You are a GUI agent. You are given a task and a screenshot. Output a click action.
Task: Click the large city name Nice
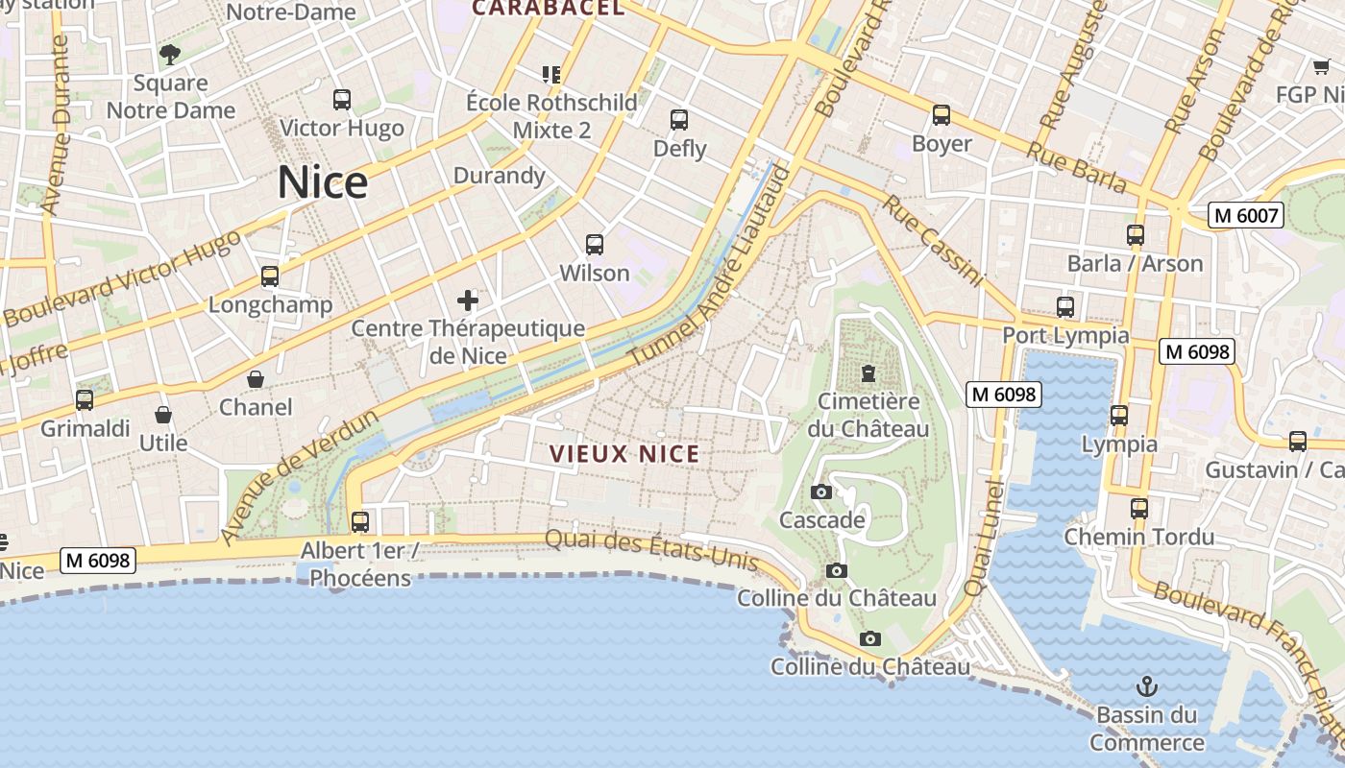coord(323,182)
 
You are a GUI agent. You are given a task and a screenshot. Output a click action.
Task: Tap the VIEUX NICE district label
coord(624,454)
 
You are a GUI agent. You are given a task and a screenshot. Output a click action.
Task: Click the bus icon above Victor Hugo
coord(342,100)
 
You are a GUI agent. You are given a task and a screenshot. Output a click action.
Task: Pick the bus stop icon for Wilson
coord(595,245)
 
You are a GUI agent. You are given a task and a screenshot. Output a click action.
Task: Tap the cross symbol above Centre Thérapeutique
coord(468,300)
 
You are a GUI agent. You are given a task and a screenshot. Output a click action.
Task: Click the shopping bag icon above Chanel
coord(256,379)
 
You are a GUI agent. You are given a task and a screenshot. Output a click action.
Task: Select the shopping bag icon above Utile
coord(163,415)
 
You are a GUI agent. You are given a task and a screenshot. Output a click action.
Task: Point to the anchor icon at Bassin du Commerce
coord(1146,686)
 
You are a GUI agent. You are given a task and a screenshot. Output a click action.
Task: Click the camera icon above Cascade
coord(821,492)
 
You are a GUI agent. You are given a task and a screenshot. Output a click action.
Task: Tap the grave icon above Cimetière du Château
coord(868,372)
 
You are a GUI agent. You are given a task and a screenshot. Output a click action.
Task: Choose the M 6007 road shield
coord(1247,215)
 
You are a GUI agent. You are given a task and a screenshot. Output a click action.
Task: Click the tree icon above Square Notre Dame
coord(170,55)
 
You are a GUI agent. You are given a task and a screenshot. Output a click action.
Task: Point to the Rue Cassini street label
coord(934,241)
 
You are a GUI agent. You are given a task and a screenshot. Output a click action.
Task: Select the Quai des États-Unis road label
coord(651,550)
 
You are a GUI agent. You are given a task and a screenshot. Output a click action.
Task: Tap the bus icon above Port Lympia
coord(1065,307)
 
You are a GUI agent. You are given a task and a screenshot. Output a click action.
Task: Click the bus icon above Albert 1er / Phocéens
coord(360,522)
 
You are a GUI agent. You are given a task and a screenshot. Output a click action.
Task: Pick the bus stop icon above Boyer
coord(941,115)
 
